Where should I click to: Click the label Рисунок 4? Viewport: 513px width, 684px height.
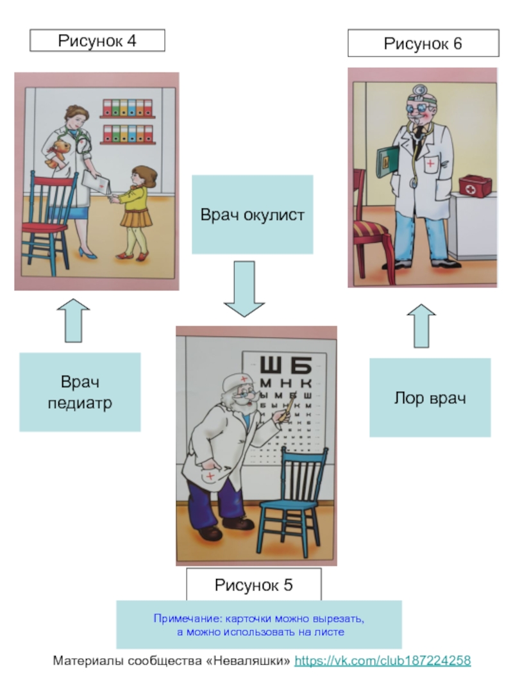(97, 42)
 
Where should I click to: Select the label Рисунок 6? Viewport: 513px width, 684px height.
(423, 44)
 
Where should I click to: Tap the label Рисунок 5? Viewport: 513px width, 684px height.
(253, 585)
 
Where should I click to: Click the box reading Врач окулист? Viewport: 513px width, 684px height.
(253, 215)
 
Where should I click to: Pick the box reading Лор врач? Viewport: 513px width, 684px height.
(430, 397)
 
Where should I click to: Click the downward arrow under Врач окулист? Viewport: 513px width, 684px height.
(244, 288)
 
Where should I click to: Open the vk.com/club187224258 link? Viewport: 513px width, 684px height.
(382, 660)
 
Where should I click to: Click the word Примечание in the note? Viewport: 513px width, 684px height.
(181, 619)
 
